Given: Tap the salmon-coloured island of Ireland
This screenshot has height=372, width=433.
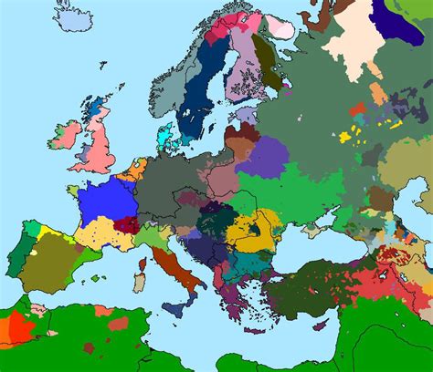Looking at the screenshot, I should point(63,136).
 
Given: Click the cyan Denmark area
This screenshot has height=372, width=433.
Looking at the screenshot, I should point(164,138).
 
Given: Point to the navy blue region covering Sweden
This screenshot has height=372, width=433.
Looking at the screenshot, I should point(198,91).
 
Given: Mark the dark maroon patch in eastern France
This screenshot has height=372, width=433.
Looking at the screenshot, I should point(128,224).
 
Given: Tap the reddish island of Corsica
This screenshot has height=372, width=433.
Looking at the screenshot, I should point(143,265).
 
